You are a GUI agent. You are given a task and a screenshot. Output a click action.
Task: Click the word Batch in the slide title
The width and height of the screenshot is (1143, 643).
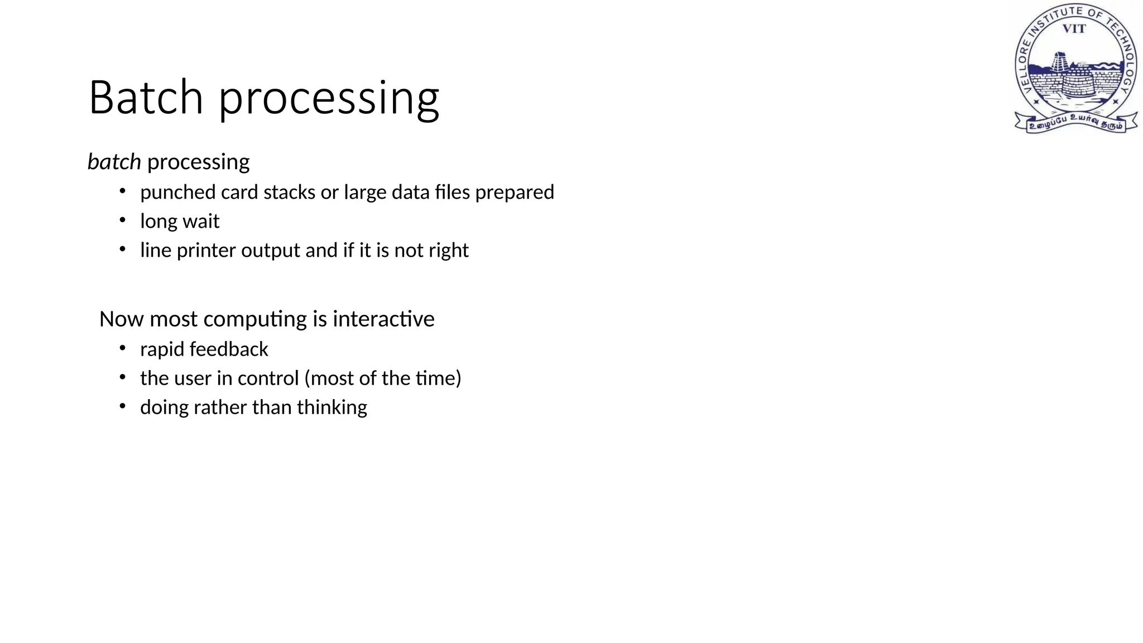146,98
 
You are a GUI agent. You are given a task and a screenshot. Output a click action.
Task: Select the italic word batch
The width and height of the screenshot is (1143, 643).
114,162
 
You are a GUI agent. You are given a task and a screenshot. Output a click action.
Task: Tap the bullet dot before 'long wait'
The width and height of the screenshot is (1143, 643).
123,220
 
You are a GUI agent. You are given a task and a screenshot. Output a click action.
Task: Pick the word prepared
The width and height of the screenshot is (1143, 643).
515,193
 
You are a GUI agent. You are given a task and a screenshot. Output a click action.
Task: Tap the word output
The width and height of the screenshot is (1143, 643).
271,251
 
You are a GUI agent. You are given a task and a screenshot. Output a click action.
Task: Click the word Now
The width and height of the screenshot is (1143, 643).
121,319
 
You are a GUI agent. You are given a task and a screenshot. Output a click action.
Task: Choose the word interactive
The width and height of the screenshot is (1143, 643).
383,319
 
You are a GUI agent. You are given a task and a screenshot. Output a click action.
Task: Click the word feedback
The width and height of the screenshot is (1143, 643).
229,349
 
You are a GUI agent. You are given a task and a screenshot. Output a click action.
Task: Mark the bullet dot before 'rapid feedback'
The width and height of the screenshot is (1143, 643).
123,348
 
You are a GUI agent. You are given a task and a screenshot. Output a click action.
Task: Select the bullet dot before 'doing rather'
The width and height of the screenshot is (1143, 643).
123,406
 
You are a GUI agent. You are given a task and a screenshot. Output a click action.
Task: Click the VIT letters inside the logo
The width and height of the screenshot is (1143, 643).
1074,29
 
